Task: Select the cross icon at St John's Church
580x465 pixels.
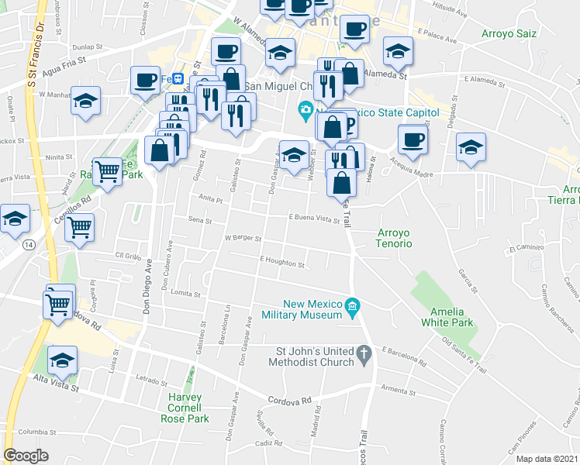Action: click(x=364, y=354)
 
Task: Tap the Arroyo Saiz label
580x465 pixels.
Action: click(x=509, y=33)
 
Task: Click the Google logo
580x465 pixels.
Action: click(x=26, y=455)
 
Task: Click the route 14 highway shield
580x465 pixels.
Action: click(x=29, y=245)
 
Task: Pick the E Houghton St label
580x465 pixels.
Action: click(x=282, y=263)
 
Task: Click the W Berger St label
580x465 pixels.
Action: click(x=243, y=239)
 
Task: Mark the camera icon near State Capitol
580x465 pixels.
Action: click(x=306, y=109)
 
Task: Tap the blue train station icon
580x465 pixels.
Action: click(x=178, y=78)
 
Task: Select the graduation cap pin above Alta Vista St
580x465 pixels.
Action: click(x=63, y=360)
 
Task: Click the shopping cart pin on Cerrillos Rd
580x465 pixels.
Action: click(x=79, y=228)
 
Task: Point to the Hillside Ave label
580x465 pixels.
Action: click(x=451, y=13)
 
